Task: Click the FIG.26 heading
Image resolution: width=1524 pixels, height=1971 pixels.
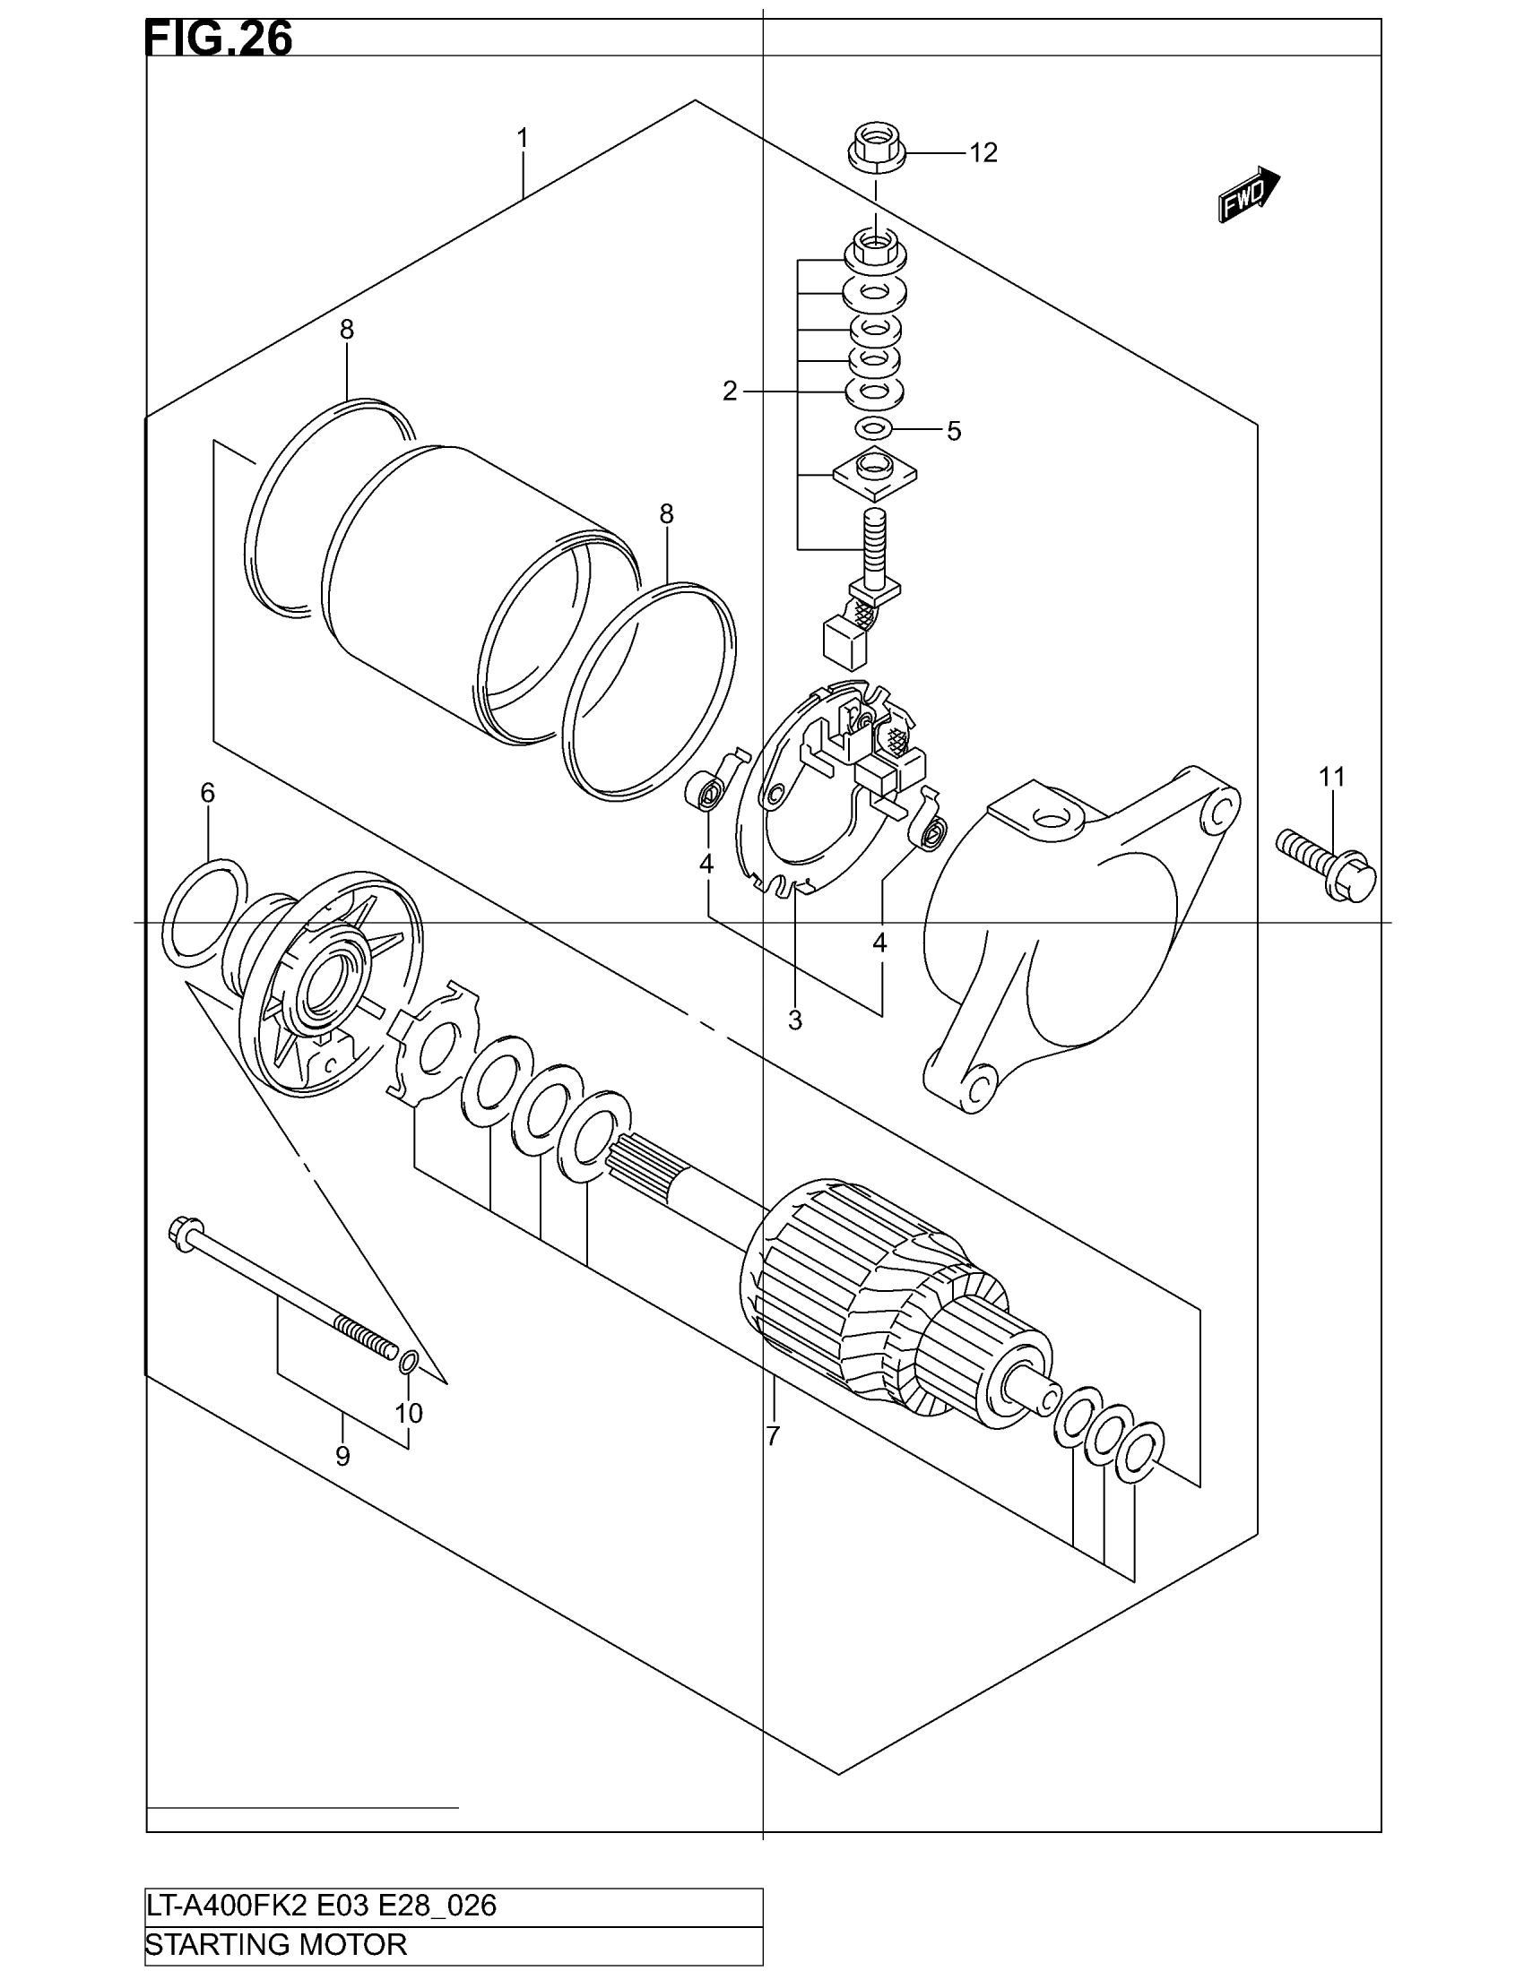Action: (x=219, y=39)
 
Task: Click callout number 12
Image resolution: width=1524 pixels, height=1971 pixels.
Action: (x=983, y=153)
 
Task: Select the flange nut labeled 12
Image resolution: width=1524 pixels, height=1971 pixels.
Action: (x=875, y=150)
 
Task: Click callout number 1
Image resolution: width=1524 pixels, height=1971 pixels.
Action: (x=522, y=139)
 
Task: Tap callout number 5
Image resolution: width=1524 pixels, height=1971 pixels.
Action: (x=954, y=432)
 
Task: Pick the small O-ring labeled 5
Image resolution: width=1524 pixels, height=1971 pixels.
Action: (x=874, y=426)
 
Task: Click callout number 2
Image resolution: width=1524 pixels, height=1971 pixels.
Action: (x=730, y=392)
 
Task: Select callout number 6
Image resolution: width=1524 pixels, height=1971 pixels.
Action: (x=208, y=793)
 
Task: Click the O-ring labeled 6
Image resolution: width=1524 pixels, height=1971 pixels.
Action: (x=204, y=912)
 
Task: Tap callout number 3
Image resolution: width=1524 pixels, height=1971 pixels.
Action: (x=794, y=1020)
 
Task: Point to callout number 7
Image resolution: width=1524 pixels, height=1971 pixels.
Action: (x=773, y=1436)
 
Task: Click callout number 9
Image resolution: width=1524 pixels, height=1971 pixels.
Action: (x=342, y=1457)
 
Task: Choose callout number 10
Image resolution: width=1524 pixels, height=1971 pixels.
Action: (x=409, y=1413)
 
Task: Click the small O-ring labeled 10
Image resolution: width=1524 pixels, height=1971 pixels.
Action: (x=408, y=1363)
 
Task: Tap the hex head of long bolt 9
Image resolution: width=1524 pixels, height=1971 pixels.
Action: (x=183, y=1231)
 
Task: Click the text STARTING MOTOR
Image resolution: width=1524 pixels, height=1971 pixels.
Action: (x=276, y=1943)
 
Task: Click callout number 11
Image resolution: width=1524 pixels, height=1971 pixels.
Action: (x=1331, y=776)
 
